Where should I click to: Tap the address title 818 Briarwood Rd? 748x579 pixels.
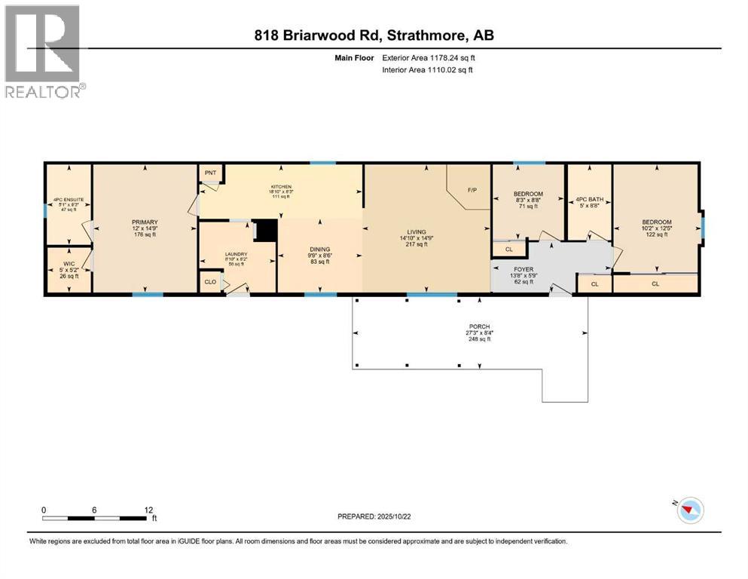[x=374, y=35]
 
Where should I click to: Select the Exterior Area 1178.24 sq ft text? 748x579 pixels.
[x=422, y=57]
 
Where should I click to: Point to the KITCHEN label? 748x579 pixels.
[x=281, y=186]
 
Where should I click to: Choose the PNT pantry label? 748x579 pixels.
[x=210, y=173]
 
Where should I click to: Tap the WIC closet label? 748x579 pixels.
[x=69, y=265]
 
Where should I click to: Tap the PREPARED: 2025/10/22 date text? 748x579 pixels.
[x=377, y=516]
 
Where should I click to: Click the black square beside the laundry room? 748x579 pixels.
[x=265, y=230]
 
